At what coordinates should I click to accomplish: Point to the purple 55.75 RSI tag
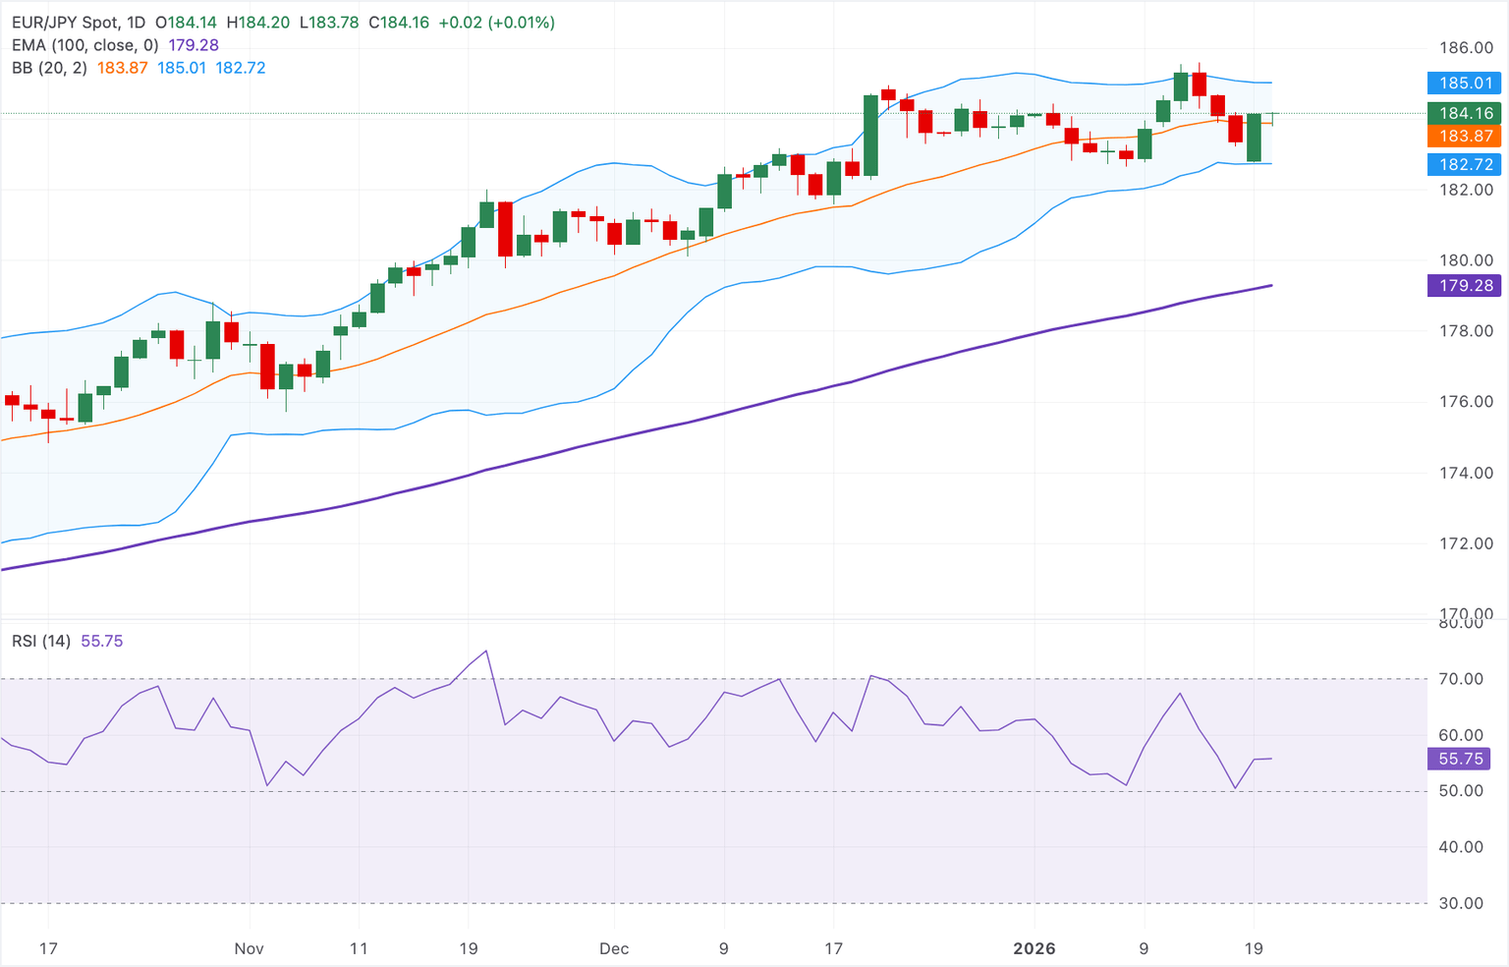1460,759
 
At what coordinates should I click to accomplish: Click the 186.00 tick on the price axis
1466,48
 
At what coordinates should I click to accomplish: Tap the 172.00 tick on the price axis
1466,543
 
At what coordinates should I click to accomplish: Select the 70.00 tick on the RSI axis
1461,679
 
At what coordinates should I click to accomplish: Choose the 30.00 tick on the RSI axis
1461,903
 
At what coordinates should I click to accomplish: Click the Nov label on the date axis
250,948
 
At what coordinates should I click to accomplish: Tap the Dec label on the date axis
614,948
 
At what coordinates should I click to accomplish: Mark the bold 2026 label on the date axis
1034,948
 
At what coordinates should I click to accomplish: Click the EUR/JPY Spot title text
65,23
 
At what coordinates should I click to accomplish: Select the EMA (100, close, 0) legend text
84,45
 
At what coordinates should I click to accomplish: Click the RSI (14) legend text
41,641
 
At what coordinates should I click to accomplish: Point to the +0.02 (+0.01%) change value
497,23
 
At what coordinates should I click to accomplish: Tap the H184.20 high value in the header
257,23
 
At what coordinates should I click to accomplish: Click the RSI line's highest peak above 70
486,651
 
